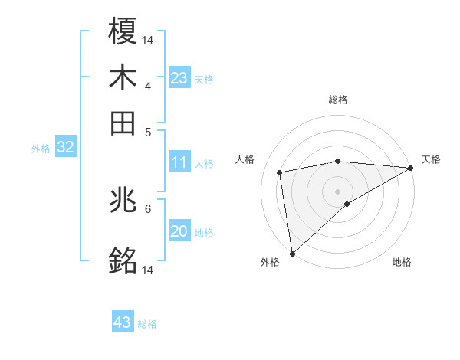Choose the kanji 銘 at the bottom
tap(123, 261)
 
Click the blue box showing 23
tap(179, 78)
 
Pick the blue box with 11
tap(179, 162)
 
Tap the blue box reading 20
tap(179, 231)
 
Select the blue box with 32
tap(65, 147)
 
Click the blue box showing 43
tap(122, 322)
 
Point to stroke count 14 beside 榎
tap(148, 39)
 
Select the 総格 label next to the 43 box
tap(147, 324)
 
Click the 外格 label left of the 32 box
tap(40, 149)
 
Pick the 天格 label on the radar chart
tap(431, 159)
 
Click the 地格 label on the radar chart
tap(402, 262)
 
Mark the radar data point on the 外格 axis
tap(292, 253)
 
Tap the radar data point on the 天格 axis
tap(411, 168)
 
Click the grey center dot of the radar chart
tap(338, 191)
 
